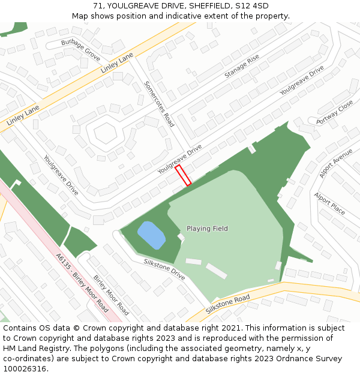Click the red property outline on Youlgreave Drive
click(183, 175)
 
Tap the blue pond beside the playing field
click(151, 235)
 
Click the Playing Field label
click(207, 229)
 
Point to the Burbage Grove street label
click(81, 51)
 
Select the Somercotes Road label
click(159, 104)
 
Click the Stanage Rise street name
click(242, 66)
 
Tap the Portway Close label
click(335, 113)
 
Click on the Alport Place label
click(329, 203)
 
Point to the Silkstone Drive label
click(164, 269)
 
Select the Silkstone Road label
click(227, 304)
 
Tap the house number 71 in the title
click(98, 6)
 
